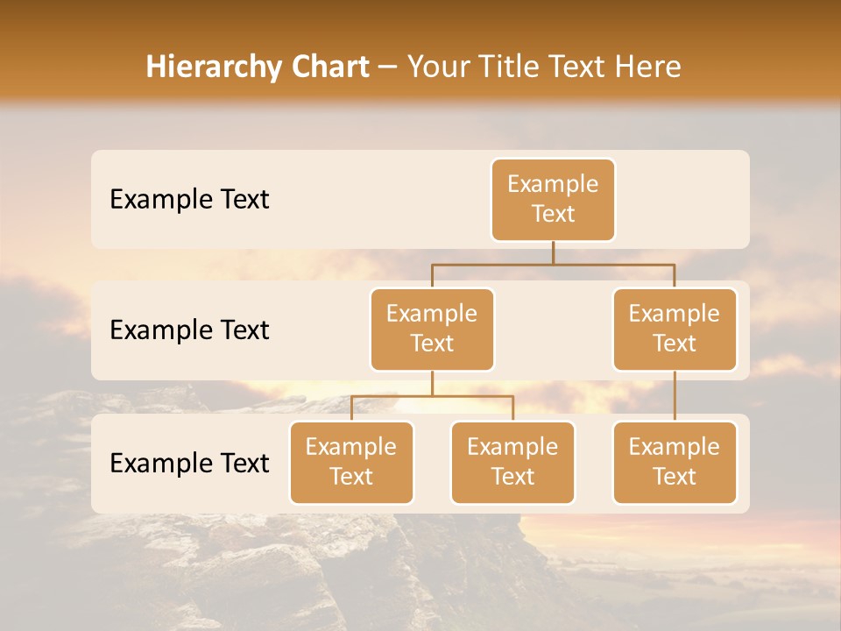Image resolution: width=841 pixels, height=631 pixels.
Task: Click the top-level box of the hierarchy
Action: pyautogui.click(x=553, y=200)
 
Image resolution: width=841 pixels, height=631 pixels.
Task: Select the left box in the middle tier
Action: pyautogui.click(x=432, y=329)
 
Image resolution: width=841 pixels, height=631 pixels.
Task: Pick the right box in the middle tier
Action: pyautogui.click(x=675, y=329)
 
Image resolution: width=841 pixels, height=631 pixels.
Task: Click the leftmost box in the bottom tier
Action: pyautogui.click(x=351, y=462)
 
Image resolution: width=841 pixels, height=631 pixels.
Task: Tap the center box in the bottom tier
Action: pyautogui.click(x=512, y=462)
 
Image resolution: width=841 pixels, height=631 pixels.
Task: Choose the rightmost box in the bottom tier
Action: pyautogui.click(x=675, y=462)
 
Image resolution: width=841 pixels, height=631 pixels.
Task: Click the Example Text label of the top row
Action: pyautogui.click(x=189, y=200)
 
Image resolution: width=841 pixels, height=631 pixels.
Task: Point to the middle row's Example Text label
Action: pyautogui.click(x=189, y=330)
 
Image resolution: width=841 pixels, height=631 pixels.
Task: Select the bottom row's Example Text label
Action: pyautogui.click(x=189, y=464)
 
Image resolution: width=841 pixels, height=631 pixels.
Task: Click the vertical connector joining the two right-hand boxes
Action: pyautogui.click(x=675, y=396)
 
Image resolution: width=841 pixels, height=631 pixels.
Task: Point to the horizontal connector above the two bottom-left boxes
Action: pyautogui.click(x=432, y=396)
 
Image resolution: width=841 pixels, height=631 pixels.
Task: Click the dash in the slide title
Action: pyautogui.click(x=387, y=67)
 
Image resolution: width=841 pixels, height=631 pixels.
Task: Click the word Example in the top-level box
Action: pyautogui.click(x=553, y=184)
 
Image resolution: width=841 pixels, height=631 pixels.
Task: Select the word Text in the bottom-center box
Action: pyautogui.click(x=512, y=477)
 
